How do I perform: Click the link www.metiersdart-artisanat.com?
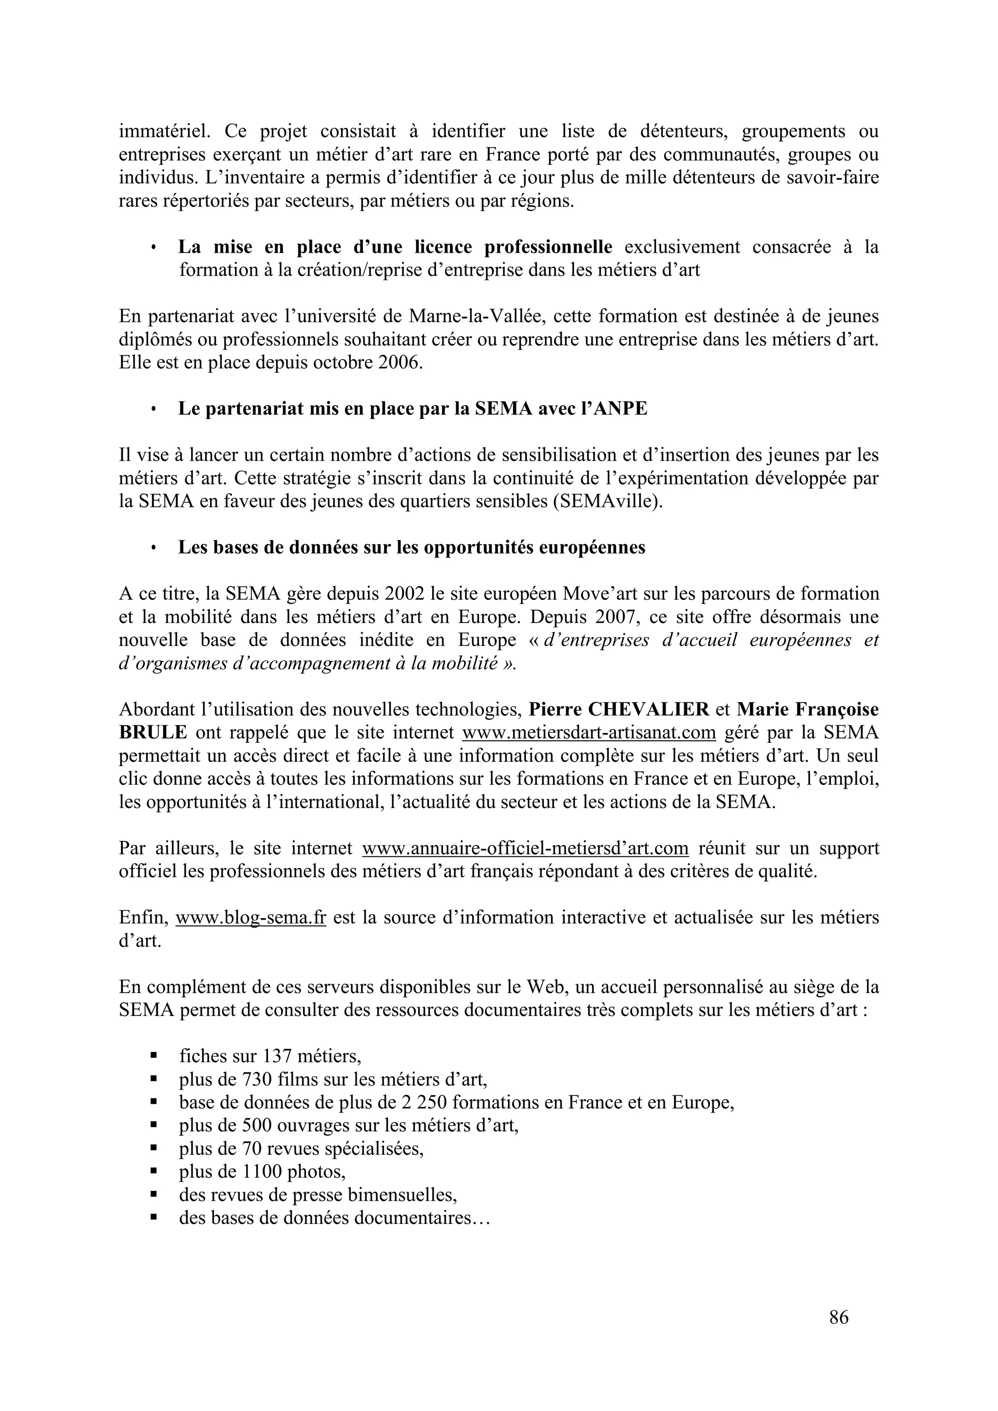coord(589,733)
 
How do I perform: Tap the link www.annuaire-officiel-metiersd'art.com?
coord(525,848)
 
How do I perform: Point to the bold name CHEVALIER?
coord(649,709)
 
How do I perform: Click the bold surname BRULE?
coord(153,733)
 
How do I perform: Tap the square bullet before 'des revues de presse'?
coord(153,1195)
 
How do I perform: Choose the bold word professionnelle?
coord(548,247)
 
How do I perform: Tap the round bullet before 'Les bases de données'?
coord(153,547)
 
